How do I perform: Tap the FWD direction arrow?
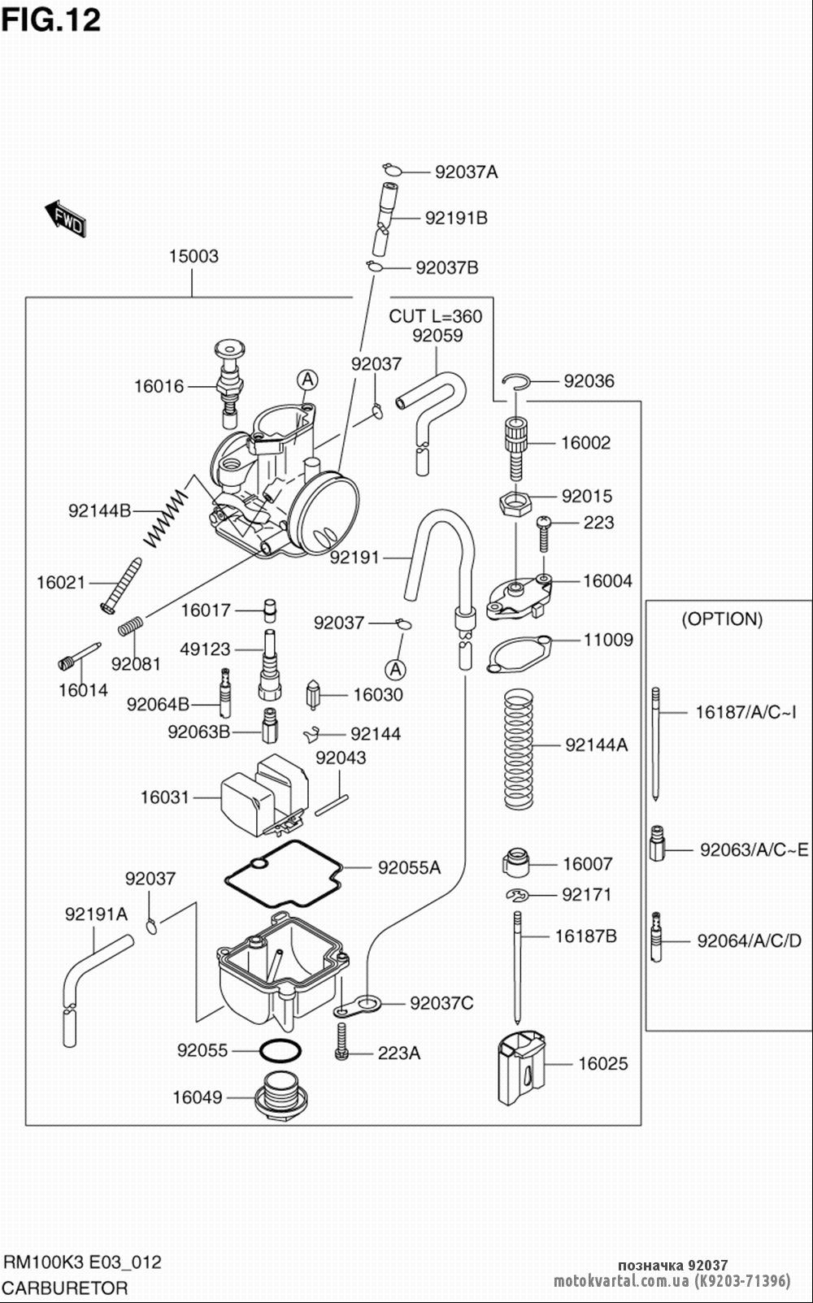[65, 217]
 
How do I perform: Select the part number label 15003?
[193, 256]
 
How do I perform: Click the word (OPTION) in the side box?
[722, 619]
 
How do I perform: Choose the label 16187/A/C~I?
[746, 712]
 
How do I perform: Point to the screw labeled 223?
[543, 532]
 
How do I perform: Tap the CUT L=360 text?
[435, 316]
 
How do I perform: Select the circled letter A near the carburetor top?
[307, 379]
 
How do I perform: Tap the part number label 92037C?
[441, 1003]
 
